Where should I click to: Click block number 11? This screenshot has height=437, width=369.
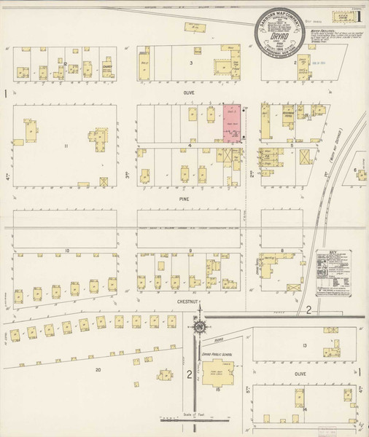click(x=66, y=147)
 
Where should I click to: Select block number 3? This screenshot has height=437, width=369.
click(x=190, y=63)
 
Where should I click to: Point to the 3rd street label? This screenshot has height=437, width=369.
click(x=125, y=176)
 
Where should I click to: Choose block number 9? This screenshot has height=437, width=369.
click(x=190, y=251)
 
